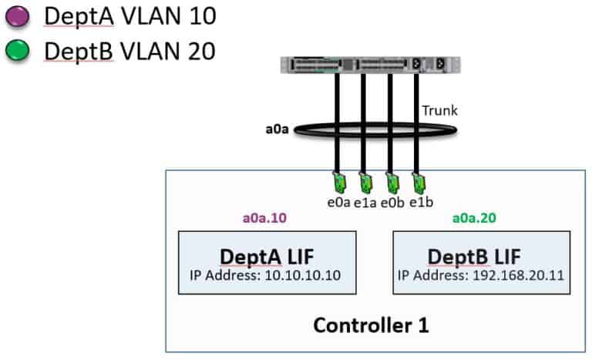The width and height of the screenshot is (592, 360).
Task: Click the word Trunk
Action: (439, 110)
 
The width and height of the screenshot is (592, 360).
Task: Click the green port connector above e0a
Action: (336, 184)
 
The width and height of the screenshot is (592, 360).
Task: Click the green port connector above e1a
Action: (364, 184)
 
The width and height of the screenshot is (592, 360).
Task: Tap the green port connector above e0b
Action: (392, 184)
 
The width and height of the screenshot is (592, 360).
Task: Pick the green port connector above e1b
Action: (419, 184)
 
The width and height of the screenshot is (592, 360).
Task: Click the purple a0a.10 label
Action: (264, 219)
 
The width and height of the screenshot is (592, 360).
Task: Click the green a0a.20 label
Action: (474, 219)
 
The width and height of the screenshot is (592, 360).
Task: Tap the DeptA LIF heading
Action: (267, 256)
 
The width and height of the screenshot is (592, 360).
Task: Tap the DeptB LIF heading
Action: (483, 256)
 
